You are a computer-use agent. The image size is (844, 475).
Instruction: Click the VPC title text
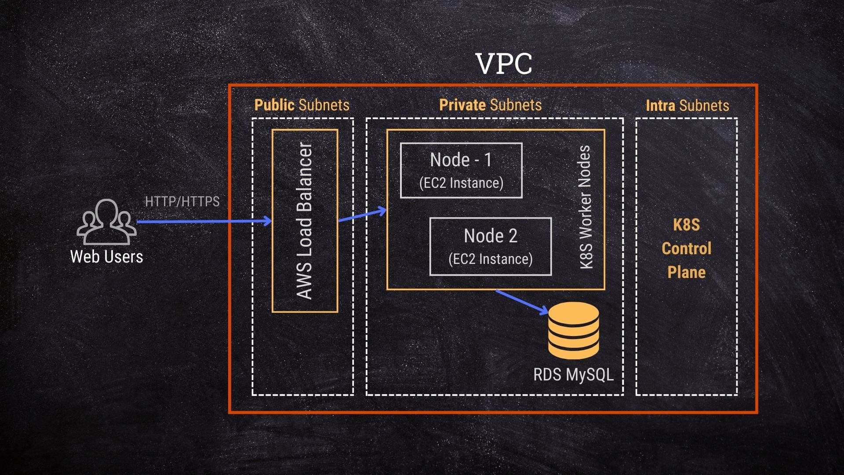(x=504, y=64)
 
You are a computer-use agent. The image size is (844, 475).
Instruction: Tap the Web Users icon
(x=106, y=222)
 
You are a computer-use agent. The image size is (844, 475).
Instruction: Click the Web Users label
(x=106, y=257)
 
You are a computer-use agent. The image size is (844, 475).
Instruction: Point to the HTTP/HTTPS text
(x=182, y=201)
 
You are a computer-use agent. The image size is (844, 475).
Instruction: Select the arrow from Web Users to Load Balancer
(x=202, y=221)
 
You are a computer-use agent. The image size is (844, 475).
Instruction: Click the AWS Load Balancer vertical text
(x=305, y=221)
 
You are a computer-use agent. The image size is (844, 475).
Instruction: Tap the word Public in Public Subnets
(x=274, y=105)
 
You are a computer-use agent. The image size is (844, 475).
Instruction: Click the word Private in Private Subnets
(x=462, y=105)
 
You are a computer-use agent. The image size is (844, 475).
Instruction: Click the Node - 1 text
(x=461, y=160)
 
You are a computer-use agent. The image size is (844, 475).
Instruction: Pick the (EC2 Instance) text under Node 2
(x=490, y=259)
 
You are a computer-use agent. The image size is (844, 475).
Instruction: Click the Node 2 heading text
(x=490, y=236)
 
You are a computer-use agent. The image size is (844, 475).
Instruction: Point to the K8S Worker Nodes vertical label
(x=585, y=207)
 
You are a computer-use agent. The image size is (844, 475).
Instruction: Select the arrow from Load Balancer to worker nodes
(x=362, y=215)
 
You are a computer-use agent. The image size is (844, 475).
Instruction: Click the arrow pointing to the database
(x=522, y=301)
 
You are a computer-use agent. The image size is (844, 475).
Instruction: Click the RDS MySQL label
(x=573, y=375)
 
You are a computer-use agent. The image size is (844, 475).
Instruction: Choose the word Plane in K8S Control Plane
(x=686, y=272)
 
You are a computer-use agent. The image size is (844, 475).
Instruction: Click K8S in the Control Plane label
(x=686, y=225)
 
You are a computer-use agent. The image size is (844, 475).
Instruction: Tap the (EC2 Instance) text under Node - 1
(x=461, y=183)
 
